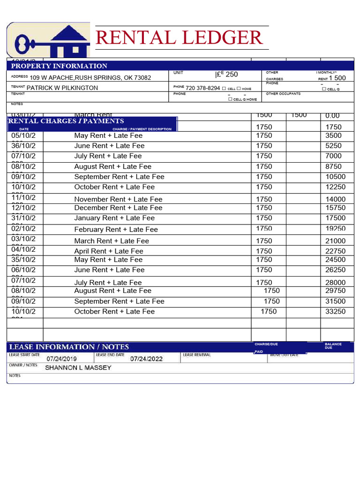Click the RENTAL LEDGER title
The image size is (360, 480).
pos(179,37)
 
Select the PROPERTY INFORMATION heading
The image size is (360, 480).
pos(59,66)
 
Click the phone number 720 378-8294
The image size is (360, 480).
pos(202,88)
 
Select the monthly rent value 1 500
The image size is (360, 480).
pos(337,78)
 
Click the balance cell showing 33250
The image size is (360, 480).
pos(336,312)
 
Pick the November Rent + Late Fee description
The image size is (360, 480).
pos(118,199)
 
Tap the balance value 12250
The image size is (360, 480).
pos(336,187)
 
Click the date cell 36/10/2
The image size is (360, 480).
pos(23,146)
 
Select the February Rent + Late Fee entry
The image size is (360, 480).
pos(116,230)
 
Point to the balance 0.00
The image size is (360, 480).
pos(332,116)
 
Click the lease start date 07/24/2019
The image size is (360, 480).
pos(61,359)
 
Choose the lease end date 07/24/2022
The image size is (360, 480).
pos(146,359)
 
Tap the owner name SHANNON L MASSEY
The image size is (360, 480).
pos(78,368)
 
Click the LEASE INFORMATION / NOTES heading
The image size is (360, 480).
pos(69,347)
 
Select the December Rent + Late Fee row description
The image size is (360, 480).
pos(118,208)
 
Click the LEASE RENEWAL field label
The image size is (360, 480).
pos(197,355)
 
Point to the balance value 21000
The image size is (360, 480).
pos(336,241)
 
